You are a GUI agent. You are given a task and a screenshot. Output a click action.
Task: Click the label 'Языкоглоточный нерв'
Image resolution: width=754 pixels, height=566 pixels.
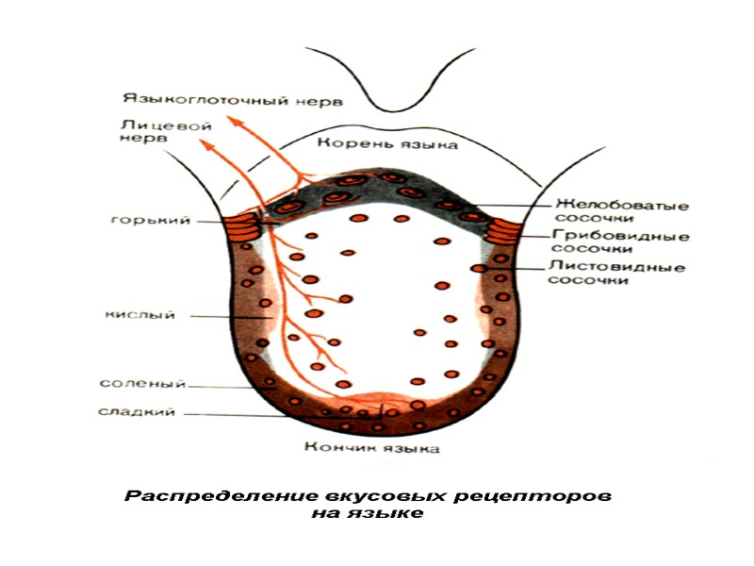(x=231, y=99)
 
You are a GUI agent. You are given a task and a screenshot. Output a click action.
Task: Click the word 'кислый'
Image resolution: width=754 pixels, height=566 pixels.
(x=139, y=316)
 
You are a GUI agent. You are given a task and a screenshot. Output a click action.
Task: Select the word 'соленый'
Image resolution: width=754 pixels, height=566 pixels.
(x=142, y=384)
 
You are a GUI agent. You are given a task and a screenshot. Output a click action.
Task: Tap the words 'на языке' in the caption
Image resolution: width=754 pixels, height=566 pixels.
(x=369, y=514)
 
